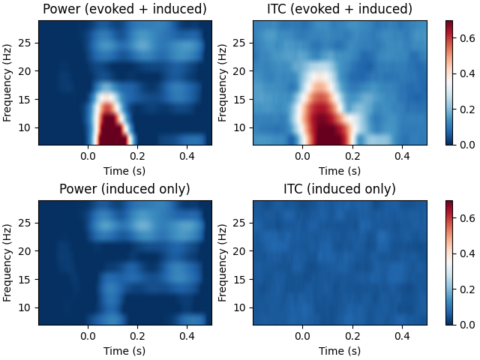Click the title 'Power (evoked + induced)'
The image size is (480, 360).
(124, 9)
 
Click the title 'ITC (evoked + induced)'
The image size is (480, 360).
(340, 9)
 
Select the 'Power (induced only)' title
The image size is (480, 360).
(124, 189)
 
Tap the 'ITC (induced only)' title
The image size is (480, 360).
(340, 189)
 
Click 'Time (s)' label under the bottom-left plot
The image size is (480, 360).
(124, 350)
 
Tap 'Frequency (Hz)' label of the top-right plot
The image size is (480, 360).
(223, 82)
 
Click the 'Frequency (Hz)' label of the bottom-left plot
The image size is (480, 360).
(7, 262)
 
